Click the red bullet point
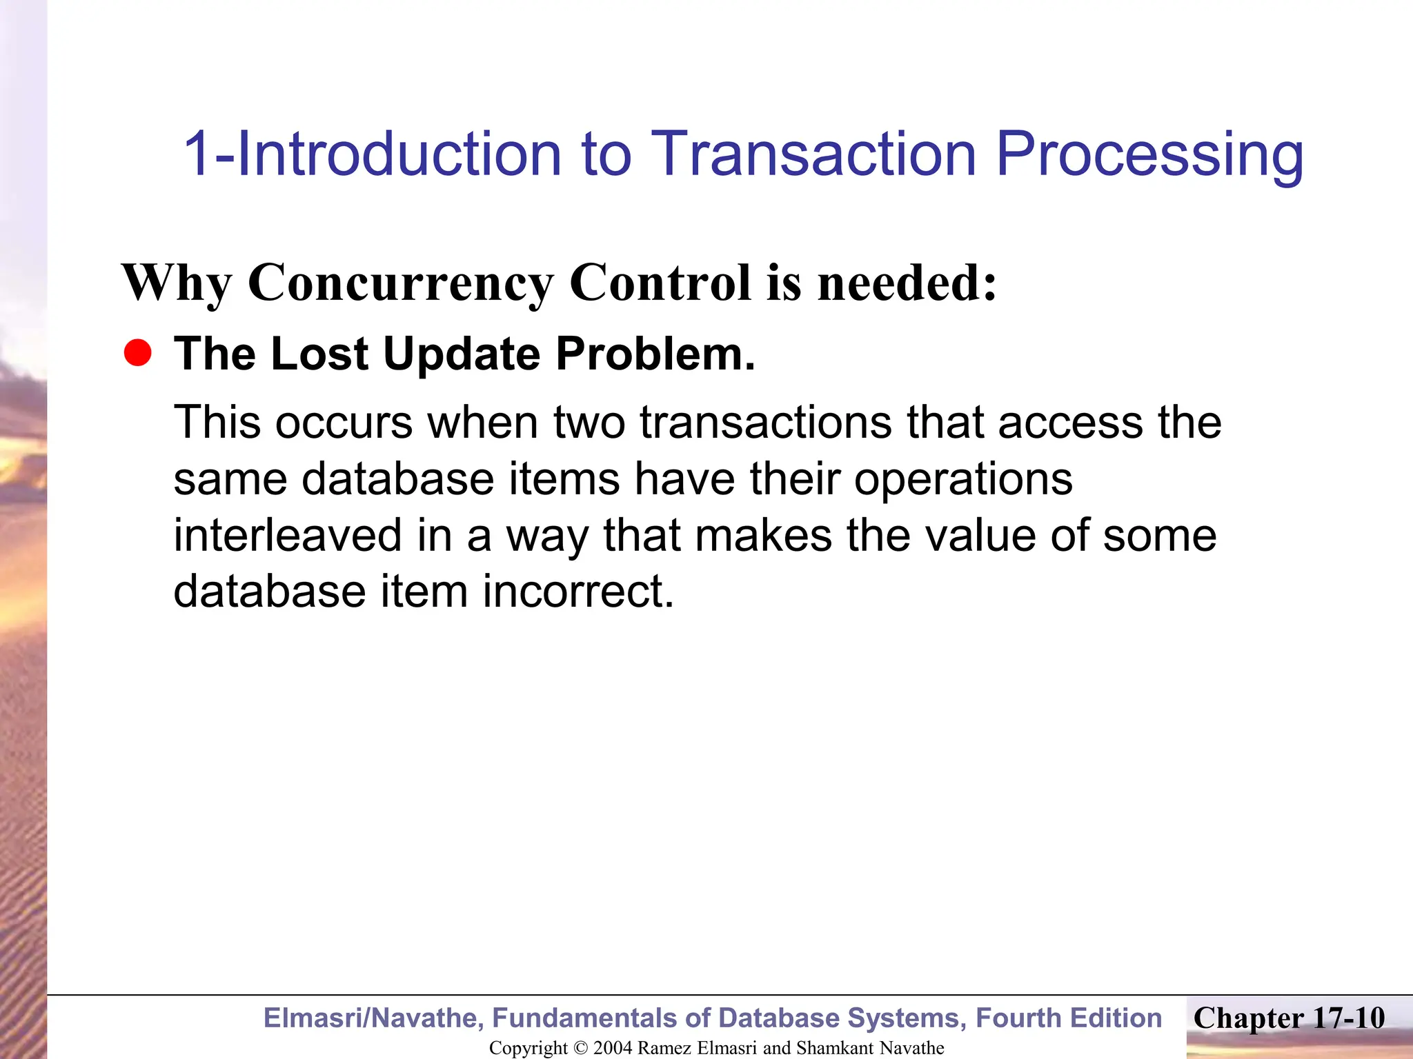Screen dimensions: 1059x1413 [138, 354]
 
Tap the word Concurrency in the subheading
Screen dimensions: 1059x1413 [400, 283]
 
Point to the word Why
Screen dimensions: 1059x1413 [177, 283]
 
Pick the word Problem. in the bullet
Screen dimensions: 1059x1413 [655, 354]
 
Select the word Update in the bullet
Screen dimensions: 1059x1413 [462, 354]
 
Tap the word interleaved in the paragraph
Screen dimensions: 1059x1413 [287, 536]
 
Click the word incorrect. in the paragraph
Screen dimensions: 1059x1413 [577, 592]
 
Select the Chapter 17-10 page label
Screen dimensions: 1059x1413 [1289, 1018]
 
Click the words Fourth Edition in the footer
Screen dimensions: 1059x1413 [1069, 1018]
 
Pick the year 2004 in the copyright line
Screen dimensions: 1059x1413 [612, 1048]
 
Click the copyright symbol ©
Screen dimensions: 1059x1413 [580, 1048]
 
